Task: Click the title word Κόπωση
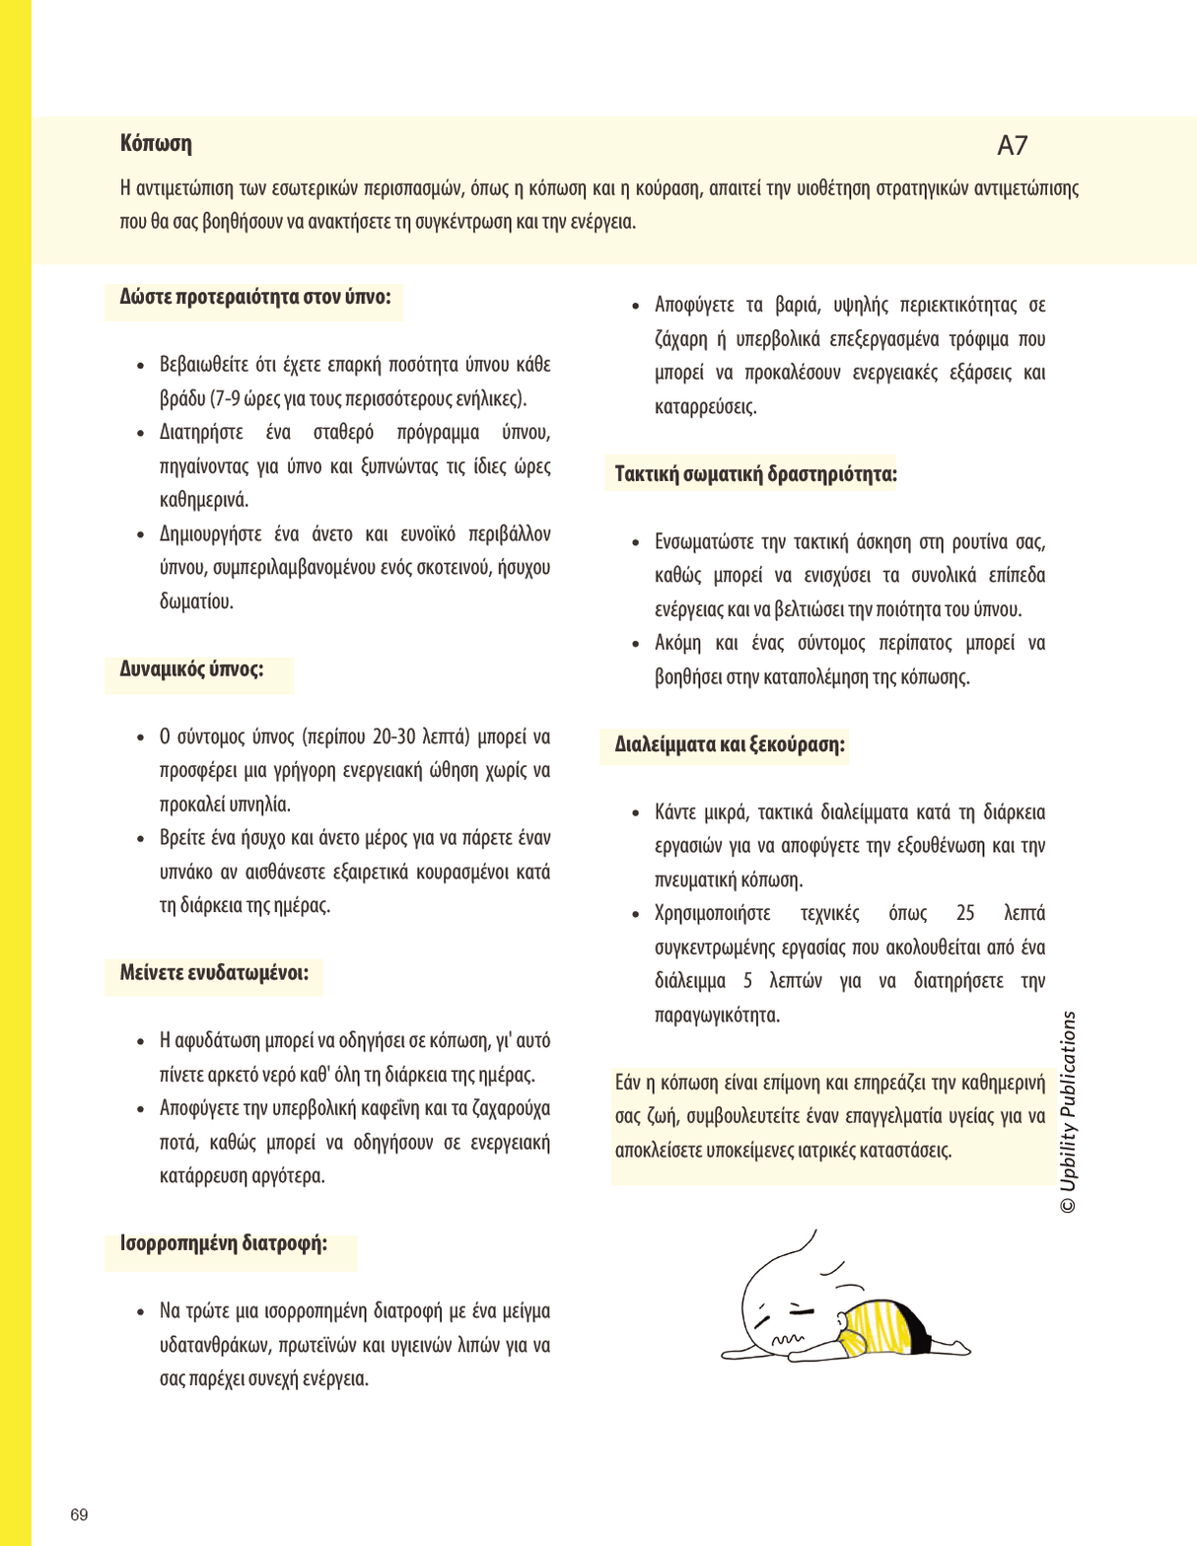[x=156, y=144]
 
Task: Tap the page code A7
[x=1012, y=146]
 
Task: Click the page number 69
[x=79, y=1514]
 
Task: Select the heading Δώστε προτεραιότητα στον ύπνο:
[x=255, y=297]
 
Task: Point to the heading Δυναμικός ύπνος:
[x=191, y=669]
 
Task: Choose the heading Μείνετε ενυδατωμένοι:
[x=214, y=973]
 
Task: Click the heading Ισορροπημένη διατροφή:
[x=224, y=1243]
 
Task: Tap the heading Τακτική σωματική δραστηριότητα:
[x=755, y=474]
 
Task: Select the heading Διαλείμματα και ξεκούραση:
[x=730, y=744]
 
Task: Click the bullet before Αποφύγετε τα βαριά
[x=636, y=306]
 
